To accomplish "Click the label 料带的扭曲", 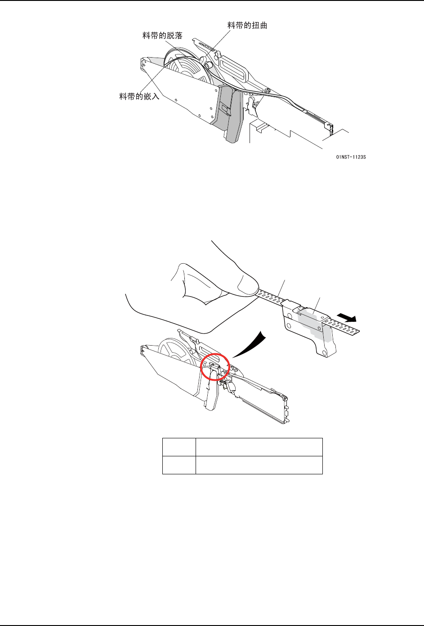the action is pyautogui.click(x=247, y=26).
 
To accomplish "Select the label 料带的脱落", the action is pyautogui.click(x=162, y=36).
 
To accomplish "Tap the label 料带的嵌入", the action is pyautogui.click(x=139, y=96).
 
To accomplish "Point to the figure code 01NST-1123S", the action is pyautogui.click(x=351, y=157).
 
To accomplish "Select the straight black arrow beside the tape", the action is pyautogui.click(x=346, y=317).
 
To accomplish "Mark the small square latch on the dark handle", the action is pyautogui.click(x=225, y=108).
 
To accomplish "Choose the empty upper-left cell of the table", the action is pyautogui.click(x=179, y=447).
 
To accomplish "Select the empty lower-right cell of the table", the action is pyautogui.click(x=259, y=465).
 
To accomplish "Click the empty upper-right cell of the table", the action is pyautogui.click(x=259, y=447).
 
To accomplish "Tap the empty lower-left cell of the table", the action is pyautogui.click(x=179, y=465).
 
